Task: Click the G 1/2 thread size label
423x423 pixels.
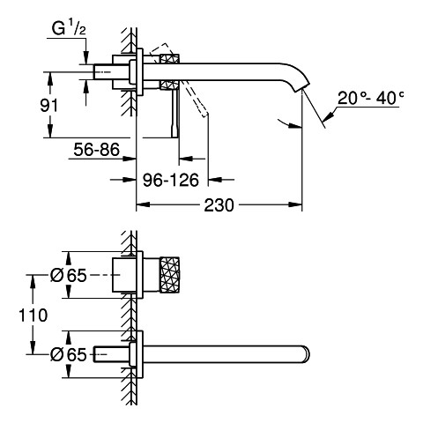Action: coord(69,29)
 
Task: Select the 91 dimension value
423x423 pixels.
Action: coord(49,106)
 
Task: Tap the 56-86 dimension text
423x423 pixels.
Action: coord(97,149)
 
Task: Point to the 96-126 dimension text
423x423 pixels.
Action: coord(171,180)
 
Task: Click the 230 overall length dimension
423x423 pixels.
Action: coord(219,205)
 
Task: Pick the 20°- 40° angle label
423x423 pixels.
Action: coord(370,98)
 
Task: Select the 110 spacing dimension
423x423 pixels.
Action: coord(33,315)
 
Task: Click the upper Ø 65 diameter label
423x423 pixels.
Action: coord(69,276)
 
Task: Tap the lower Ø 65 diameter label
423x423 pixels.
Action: coord(69,354)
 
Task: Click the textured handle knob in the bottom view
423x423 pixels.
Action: coord(169,275)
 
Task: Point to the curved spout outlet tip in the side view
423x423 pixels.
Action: coord(301,85)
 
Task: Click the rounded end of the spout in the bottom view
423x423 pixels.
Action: coord(306,354)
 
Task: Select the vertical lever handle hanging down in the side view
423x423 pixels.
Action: coord(175,114)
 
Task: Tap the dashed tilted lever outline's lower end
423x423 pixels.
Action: coord(205,114)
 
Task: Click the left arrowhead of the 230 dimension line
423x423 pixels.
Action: coord(143,204)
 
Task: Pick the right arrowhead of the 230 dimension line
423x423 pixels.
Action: coord(295,204)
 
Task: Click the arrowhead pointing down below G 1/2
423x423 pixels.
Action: coord(85,57)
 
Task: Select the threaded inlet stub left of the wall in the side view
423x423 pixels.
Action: coord(102,71)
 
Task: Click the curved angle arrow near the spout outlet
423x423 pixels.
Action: coord(290,123)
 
